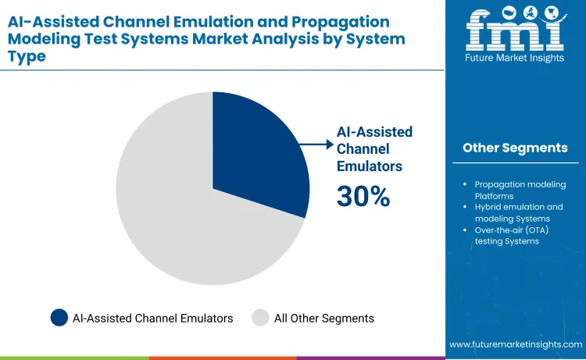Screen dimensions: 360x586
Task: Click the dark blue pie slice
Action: pyautogui.click(x=254, y=152)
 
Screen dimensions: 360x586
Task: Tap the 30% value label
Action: pyautogui.click(x=363, y=197)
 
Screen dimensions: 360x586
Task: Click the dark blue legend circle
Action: pyautogui.click(x=59, y=318)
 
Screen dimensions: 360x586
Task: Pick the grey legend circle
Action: pyautogui.click(x=260, y=318)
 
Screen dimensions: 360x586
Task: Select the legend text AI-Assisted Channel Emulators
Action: pyautogui.click(x=152, y=318)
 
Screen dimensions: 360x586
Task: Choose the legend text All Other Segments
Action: pyautogui.click(x=323, y=318)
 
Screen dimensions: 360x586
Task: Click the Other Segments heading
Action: pyautogui.click(x=515, y=148)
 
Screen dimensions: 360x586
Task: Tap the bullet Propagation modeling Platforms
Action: pyautogui.click(x=520, y=190)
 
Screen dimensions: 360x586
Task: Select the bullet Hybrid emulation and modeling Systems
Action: pyautogui.click(x=519, y=212)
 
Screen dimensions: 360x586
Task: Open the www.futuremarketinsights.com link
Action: pyautogui.click(x=515, y=344)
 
